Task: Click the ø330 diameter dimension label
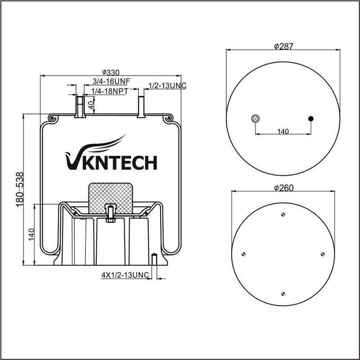coord(111,72)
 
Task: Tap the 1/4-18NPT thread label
coord(110,91)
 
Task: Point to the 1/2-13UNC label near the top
coord(167,85)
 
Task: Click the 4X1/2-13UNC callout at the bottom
coord(125,275)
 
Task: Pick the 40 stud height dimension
coord(91,105)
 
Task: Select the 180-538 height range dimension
coord(20,189)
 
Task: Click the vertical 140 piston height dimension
coord(31,234)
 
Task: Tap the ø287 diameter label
coord(284,46)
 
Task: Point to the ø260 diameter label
coord(284,188)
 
